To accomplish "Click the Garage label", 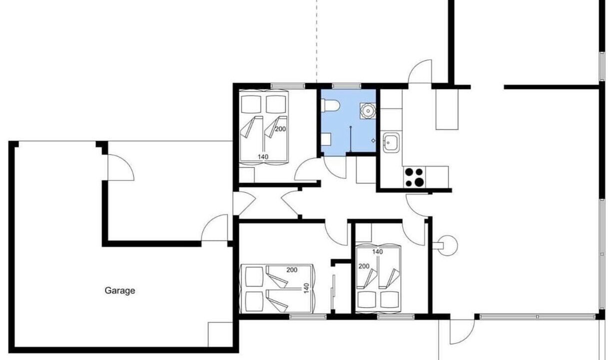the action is click(120, 290).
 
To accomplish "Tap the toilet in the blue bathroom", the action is click(330, 105).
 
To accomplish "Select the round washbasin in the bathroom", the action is click(368, 110).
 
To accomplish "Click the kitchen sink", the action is click(391, 142).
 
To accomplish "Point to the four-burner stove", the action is click(415, 177).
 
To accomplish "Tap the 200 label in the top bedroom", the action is click(280, 129).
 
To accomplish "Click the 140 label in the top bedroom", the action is click(263, 156).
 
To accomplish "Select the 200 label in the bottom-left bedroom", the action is click(292, 270).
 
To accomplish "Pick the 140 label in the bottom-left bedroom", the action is click(307, 288).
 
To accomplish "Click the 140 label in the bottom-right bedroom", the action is click(377, 252).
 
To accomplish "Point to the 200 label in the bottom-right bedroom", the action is click(364, 266).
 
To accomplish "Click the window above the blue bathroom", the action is click(347, 86).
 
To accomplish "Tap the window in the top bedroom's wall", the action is click(288, 86).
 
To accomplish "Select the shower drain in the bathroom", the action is click(373, 140).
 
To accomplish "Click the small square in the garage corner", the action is click(220, 334).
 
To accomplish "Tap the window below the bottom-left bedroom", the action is click(308, 316).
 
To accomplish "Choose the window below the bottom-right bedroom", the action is click(396, 316).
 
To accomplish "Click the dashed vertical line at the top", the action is click(316, 41).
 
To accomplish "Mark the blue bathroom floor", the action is click(349, 122).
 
